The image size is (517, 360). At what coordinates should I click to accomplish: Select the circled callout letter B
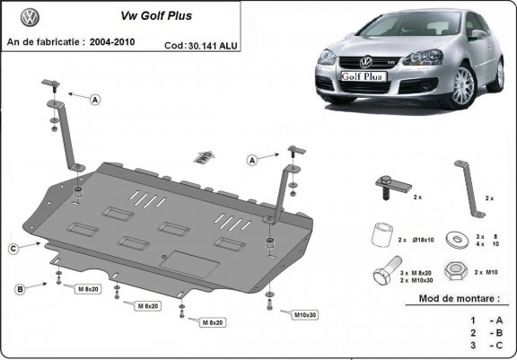(x=18, y=288)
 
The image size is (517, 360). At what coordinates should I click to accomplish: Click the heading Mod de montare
(x=459, y=298)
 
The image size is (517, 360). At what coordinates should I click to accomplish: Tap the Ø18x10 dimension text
(x=422, y=241)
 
